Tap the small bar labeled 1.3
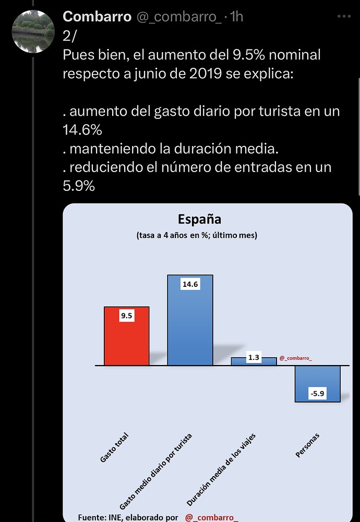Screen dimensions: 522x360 pyautogui.click(x=254, y=361)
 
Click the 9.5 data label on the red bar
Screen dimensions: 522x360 pyautogui.click(x=127, y=315)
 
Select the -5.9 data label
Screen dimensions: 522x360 pyautogui.click(x=317, y=394)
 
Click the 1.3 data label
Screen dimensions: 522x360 pyautogui.click(x=254, y=358)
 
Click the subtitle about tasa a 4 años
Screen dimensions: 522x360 pyautogui.click(x=197, y=235)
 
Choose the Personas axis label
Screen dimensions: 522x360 pyautogui.click(x=307, y=445)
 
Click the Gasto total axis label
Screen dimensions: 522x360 pyautogui.click(x=114, y=448)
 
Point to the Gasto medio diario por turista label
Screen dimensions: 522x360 pyautogui.click(x=156, y=471)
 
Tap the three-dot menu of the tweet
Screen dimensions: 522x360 pyautogui.click(x=343, y=17)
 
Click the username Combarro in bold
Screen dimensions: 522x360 pyautogui.click(x=97, y=17)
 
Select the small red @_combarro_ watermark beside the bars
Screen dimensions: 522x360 pyautogui.click(x=296, y=358)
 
